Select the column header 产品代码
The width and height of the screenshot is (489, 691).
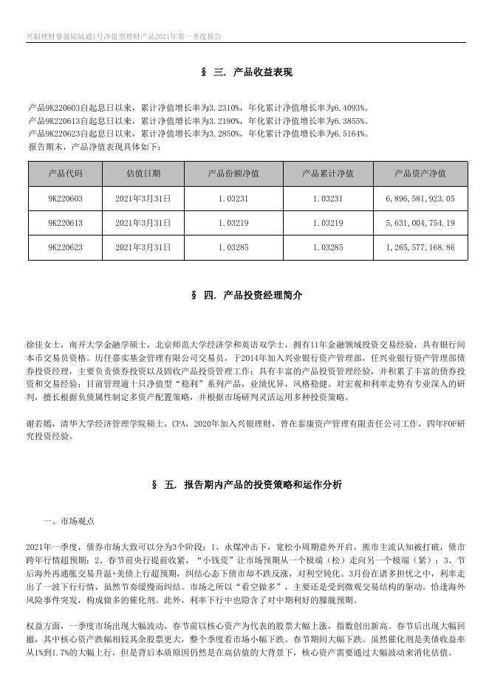(x=65, y=173)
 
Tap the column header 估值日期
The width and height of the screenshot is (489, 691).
(x=143, y=173)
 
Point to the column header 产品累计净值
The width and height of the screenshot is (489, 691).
(x=327, y=173)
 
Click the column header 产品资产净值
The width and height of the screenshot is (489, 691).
(x=420, y=173)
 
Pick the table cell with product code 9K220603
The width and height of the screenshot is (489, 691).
(x=65, y=199)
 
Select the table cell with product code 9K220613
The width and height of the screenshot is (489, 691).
(x=65, y=223)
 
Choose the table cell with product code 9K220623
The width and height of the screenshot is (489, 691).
(x=65, y=247)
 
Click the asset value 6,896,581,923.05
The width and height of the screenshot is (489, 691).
(x=420, y=199)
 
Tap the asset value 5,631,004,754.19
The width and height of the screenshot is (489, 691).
(x=420, y=223)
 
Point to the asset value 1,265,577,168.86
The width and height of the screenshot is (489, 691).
(x=420, y=247)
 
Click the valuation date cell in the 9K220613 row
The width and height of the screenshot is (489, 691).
(x=143, y=223)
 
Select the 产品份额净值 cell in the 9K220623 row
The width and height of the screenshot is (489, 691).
(x=233, y=247)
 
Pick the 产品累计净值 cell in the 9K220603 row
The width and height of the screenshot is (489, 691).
(x=327, y=199)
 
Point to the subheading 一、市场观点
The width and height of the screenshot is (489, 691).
(x=69, y=521)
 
